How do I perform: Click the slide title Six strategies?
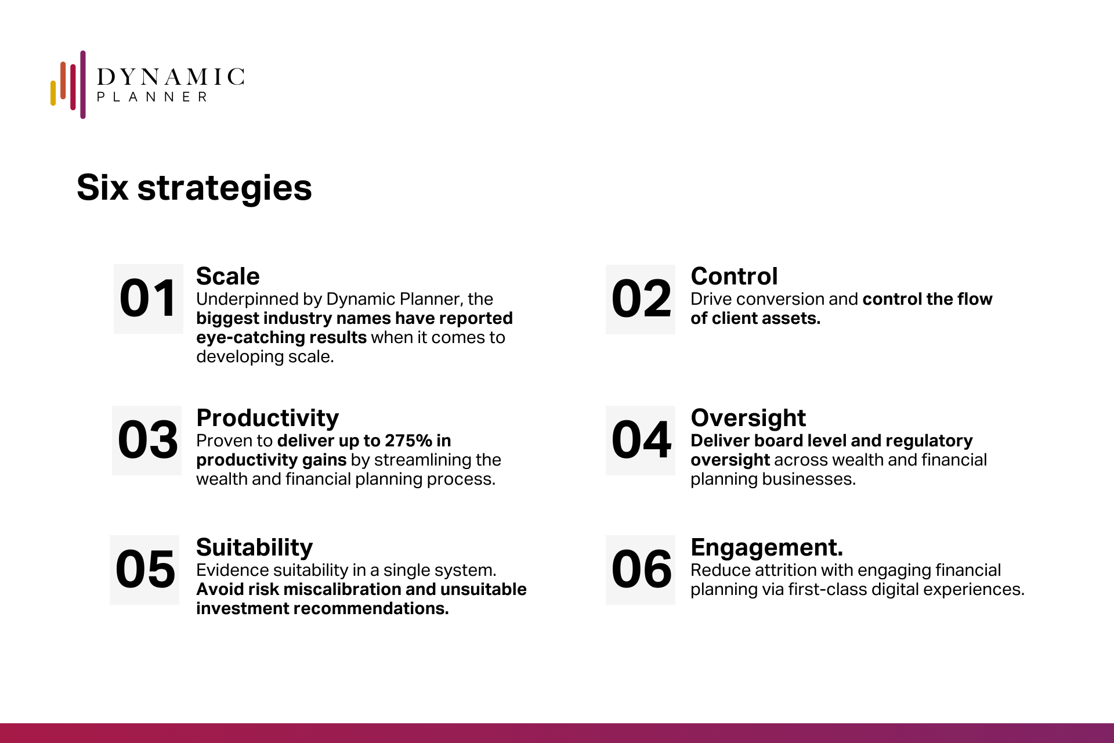[194, 188]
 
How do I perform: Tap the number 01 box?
[149, 299]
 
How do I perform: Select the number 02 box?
[641, 300]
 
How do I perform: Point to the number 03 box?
[147, 441]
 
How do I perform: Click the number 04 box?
[641, 441]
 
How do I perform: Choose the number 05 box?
[144, 570]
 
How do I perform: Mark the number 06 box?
[641, 570]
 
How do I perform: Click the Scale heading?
[228, 276]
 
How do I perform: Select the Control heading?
[734, 276]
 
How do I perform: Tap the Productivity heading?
[267, 419]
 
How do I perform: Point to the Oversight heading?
[748, 419]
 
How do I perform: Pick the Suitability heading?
[255, 548]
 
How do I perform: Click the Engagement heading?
[766, 548]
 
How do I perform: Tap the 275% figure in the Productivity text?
[408, 441]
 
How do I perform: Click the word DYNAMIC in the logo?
[171, 77]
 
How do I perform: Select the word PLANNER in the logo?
[152, 97]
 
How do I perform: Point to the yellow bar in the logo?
[53, 93]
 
